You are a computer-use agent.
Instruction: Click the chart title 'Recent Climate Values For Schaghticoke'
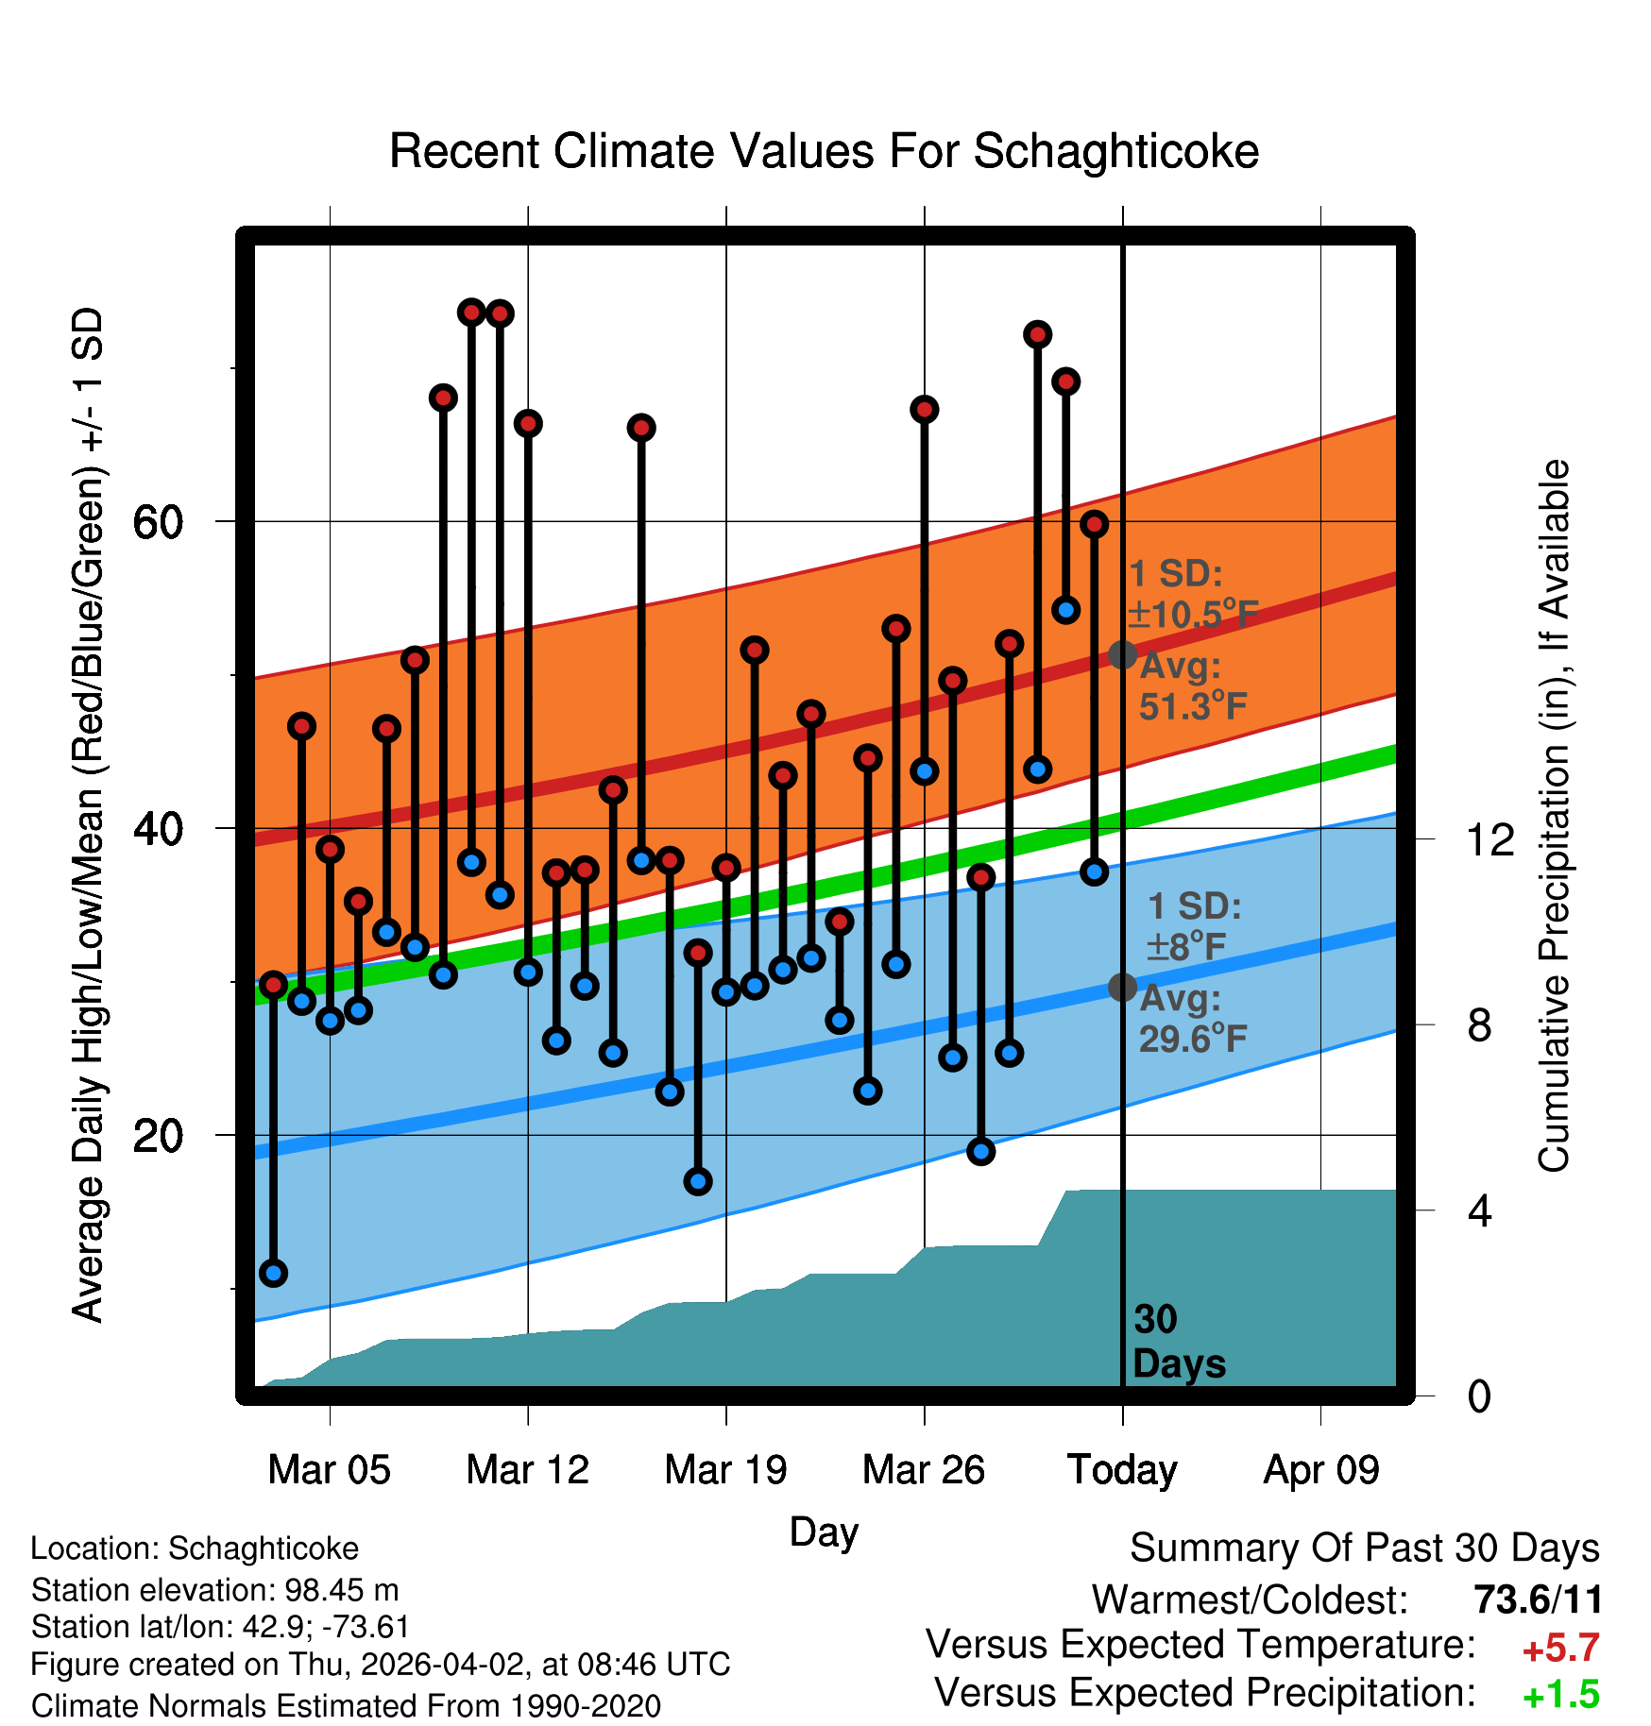[824, 152]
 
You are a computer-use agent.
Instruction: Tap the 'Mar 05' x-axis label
[329, 1470]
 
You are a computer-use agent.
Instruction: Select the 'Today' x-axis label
[1122, 1470]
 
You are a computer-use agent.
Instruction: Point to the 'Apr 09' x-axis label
[1321, 1470]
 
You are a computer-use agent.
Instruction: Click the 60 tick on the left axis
[158, 522]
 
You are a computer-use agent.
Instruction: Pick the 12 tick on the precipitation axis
[1489, 839]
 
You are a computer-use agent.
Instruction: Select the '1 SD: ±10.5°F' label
[1192, 594]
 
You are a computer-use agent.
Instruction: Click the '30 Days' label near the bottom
[1178, 1342]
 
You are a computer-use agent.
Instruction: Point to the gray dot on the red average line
[1122, 653]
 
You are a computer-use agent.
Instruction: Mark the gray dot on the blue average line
[1122, 987]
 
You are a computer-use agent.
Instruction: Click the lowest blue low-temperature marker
[274, 1273]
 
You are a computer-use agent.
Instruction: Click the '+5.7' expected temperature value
[1560, 1649]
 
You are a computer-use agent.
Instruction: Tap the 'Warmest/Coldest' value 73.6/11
[1538, 1600]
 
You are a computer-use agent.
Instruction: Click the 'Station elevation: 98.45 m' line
[214, 1590]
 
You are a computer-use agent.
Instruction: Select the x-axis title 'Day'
[824, 1532]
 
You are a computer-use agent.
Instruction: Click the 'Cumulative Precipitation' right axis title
[1554, 816]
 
